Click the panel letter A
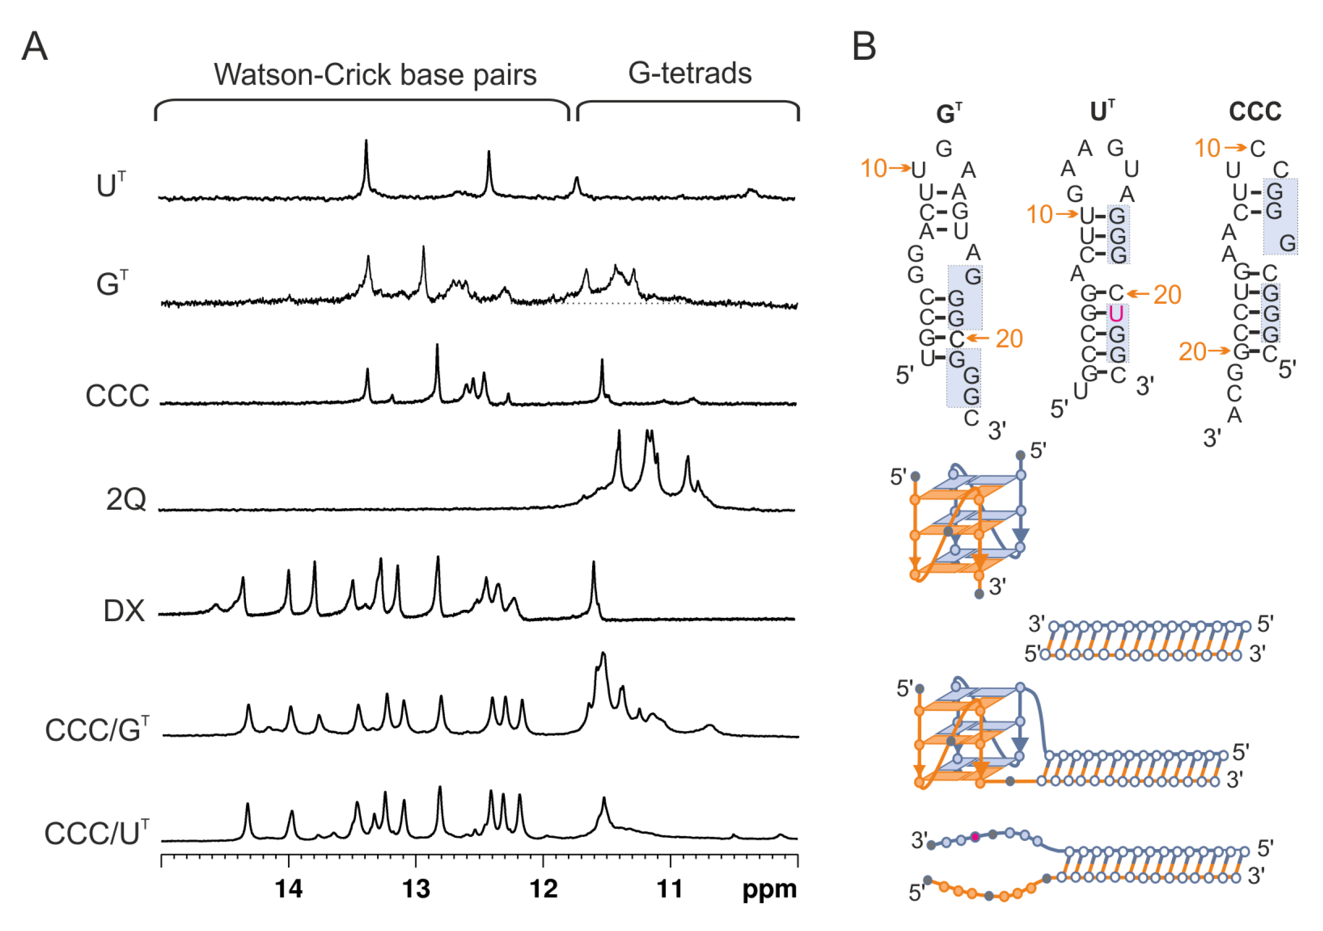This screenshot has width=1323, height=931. (34, 46)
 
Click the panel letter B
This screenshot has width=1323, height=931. (864, 46)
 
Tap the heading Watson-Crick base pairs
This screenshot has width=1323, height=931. (375, 75)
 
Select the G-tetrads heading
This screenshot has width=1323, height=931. (690, 74)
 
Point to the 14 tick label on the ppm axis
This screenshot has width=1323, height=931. (289, 888)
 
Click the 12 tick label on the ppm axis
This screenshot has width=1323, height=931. (543, 888)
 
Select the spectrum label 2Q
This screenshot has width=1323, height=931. (126, 500)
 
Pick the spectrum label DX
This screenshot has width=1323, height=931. (124, 611)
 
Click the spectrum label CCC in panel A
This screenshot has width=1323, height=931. (118, 396)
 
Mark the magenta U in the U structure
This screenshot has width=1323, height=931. (1116, 314)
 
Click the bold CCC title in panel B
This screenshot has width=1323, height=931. (1255, 111)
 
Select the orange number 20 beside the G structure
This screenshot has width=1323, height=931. (1009, 338)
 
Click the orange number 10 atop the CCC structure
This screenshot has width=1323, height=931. (1207, 149)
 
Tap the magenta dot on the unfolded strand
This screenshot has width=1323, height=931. (975, 836)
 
